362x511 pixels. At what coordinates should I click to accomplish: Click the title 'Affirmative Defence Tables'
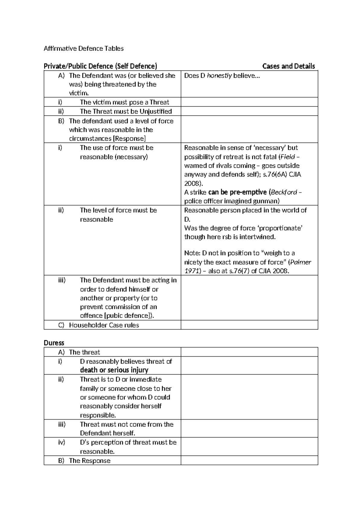[84, 49]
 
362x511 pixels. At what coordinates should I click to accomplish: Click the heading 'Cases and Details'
[288, 66]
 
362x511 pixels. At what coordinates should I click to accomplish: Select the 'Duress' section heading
[54, 343]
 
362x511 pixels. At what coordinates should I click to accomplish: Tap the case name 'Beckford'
[284, 192]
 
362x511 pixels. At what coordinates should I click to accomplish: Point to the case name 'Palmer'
[300, 262]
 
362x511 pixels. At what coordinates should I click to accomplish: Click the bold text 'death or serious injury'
[114, 370]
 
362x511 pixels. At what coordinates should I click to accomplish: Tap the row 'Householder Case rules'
[104, 325]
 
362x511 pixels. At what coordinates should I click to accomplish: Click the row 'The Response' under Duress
[90, 461]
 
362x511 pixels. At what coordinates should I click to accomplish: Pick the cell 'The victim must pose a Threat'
[124, 102]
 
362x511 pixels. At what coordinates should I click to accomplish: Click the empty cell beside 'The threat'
[249, 352]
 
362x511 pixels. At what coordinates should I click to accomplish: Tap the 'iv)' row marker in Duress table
[62, 442]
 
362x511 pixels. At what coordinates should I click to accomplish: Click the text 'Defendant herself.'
[107, 433]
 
